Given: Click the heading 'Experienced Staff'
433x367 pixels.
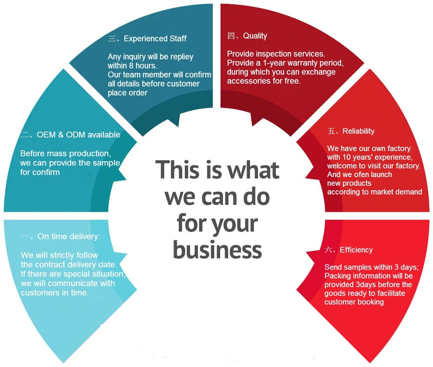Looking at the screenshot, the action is coord(155,39).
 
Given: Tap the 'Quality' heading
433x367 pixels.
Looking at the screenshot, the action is coord(255,36).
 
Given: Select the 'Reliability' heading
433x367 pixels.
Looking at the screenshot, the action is coord(358,131).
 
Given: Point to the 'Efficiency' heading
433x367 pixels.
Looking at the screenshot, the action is coord(356,250).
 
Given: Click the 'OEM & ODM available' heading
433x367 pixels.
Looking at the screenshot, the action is coord(79,135).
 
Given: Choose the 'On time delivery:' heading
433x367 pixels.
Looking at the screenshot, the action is coord(69,236).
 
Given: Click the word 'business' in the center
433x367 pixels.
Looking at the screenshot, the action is coord(217,250).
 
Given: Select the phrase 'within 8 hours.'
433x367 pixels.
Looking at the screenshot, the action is coord(133,66).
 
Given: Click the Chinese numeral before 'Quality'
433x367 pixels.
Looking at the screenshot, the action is coord(231,36).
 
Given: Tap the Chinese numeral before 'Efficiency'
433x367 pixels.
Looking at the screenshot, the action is coord(328,250).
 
